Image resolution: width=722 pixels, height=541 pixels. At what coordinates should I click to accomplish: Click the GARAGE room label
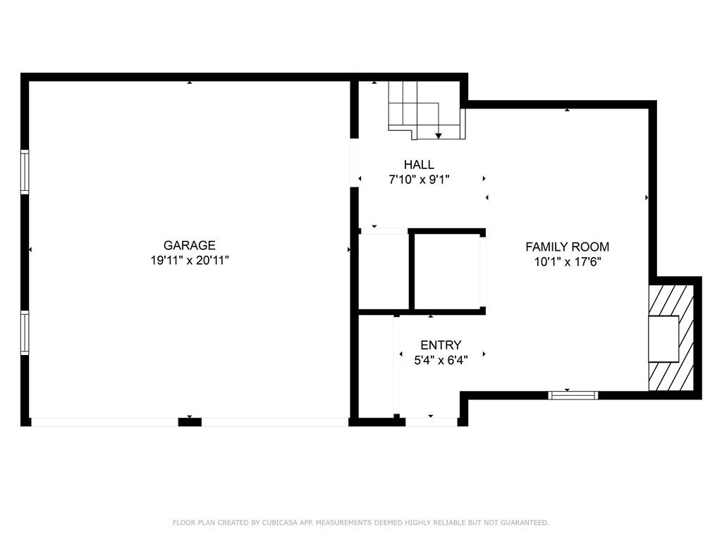(189, 245)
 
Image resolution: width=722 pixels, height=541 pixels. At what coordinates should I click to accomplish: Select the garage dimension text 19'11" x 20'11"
(189, 260)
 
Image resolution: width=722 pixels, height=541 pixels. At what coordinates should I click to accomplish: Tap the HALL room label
(419, 165)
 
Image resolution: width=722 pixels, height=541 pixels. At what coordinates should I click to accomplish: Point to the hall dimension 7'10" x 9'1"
(419, 180)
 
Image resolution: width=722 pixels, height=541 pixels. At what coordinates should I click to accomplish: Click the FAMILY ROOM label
(567, 247)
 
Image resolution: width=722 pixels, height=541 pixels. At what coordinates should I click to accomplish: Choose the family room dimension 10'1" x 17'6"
(567, 261)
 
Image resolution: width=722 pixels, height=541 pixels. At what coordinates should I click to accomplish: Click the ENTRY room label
(441, 345)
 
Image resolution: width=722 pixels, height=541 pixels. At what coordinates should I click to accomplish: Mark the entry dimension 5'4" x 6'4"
(441, 360)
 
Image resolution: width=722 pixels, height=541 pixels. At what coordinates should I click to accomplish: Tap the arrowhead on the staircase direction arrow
(439, 135)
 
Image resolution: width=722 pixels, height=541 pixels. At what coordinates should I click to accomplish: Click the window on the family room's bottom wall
(573, 395)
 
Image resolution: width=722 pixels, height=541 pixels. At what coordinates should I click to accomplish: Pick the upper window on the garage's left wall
(25, 172)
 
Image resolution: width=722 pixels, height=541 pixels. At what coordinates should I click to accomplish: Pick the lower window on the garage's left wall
(25, 332)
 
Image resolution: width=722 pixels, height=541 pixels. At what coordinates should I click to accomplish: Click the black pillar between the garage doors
(190, 422)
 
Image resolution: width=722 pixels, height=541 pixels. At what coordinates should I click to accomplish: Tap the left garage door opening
(104, 422)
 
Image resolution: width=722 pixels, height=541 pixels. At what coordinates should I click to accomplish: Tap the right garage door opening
(274, 422)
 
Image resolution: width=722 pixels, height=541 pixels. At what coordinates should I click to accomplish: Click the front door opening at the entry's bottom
(431, 422)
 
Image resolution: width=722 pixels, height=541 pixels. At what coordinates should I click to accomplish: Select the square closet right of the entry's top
(447, 270)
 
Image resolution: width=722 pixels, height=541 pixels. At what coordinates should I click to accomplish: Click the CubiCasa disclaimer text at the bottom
(361, 523)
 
